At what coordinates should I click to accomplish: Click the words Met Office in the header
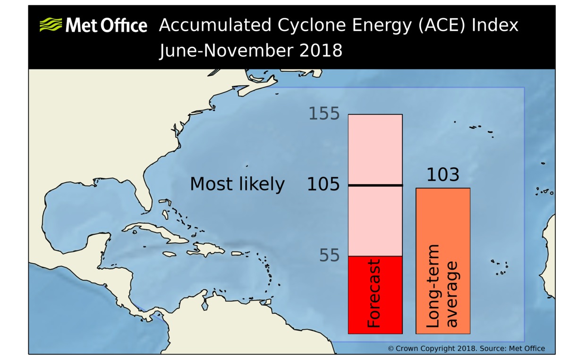click(106, 25)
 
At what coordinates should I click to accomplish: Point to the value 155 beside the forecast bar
click(324, 114)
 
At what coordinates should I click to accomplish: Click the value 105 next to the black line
click(323, 185)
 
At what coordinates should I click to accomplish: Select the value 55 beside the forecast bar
click(329, 256)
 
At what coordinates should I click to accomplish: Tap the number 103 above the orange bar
click(442, 175)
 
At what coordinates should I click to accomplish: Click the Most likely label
click(237, 184)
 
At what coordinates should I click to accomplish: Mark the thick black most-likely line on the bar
click(375, 185)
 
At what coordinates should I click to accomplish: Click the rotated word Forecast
click(374, 293)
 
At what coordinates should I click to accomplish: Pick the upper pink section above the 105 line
click(375, 149)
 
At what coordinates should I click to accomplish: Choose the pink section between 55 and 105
click(375, 221)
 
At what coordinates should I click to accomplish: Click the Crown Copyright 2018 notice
click(466, 349)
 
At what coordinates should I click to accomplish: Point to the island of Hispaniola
click(207, 249)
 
